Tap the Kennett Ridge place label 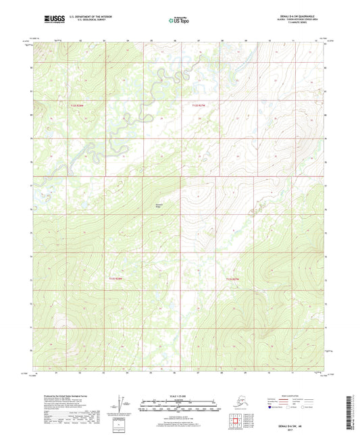[x=159, y=204]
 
